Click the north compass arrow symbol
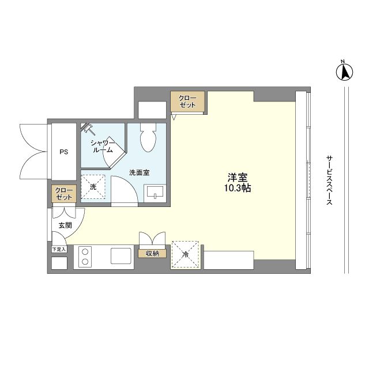(x=344, y=71)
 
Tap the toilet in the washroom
(x=148, y=137)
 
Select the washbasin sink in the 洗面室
(x=155, y=193)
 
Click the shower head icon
(x=87, y=129)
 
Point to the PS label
(x=63, y=152)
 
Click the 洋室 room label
(x=237, y=178)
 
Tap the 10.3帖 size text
(x=237, y=189)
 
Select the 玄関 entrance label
(x=65, y=225)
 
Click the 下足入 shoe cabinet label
(x=59, y=249)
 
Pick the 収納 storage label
(x=152, y=254)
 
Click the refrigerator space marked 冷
(x=186, y=254)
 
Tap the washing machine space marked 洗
(x=93, y=187)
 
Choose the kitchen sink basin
(x=121, y=256)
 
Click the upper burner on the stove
(x=85, y=252)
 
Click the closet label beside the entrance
(x=64, y=194)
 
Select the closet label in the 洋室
(x=187, y=101)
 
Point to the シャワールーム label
(x=103, y=146)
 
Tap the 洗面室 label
(x=140, y=172)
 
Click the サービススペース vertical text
(x=329, y=180)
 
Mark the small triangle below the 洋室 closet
(x=174, y=117)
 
